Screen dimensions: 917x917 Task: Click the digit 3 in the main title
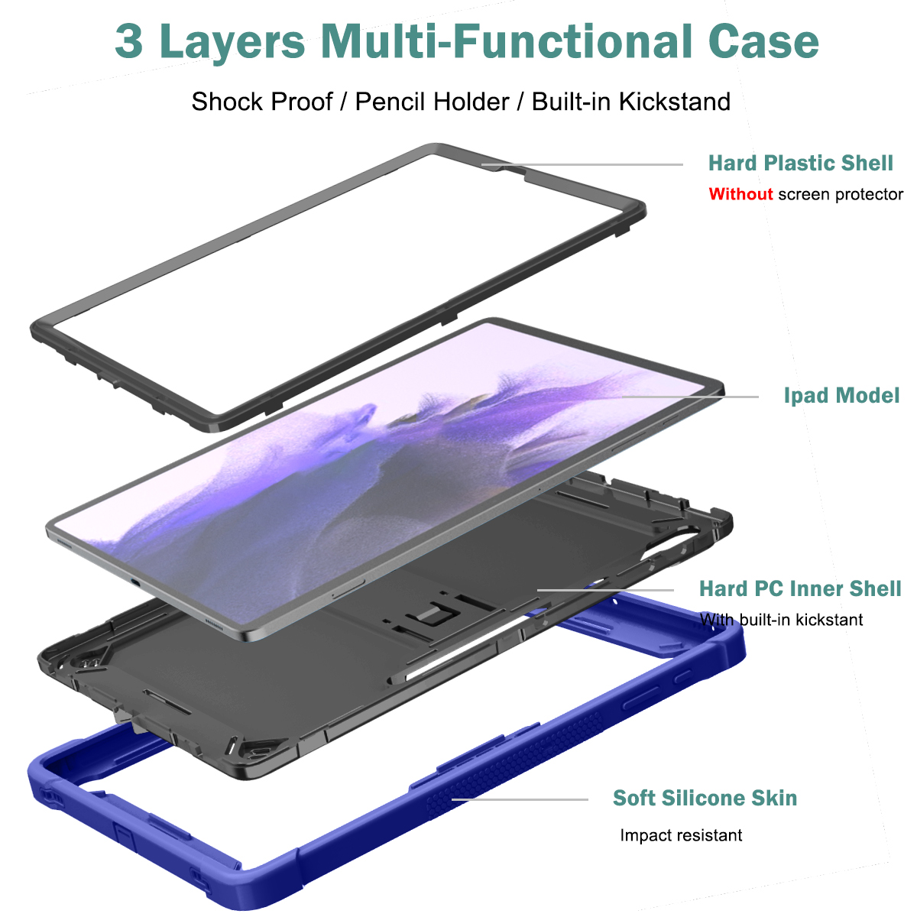point(129,42)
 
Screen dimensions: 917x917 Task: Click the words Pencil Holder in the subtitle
point(432,102)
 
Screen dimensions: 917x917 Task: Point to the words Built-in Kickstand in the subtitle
point(631,102)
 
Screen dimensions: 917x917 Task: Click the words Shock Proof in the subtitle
point(262,102)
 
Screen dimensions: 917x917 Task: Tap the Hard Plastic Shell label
point(800,164)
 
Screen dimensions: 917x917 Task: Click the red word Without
point(740,194)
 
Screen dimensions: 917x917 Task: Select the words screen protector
point(841,195)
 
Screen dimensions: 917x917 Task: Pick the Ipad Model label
point(841,395)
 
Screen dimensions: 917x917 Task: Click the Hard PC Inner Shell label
point(800,588)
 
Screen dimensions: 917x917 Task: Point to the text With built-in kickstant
point(782,620)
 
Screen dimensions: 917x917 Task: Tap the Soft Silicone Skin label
point(705,798)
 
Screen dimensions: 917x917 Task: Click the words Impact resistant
point(681,835)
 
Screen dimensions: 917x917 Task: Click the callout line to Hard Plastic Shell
point(582,164)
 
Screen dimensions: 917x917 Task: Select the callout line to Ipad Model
point(690,397)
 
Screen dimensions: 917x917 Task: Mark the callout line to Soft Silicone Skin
point(520,799)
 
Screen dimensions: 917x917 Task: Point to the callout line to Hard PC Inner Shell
point(605,590)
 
